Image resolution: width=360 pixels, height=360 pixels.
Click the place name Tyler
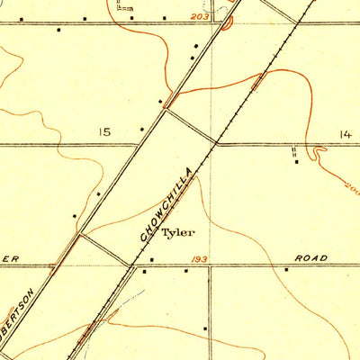[x=176, y=233]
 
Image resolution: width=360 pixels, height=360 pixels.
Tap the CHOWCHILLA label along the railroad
[x=166, y=202]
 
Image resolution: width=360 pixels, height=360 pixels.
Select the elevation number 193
[x=200, y=258]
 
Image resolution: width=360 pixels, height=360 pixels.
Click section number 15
[x=105, y=132]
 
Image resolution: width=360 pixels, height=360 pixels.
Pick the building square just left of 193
[x=150, y=260]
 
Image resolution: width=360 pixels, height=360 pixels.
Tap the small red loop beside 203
[x=226, y=20]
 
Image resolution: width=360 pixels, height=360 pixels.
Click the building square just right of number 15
[x=142, y=130]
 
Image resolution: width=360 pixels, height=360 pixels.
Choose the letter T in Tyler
[x=166, y=233]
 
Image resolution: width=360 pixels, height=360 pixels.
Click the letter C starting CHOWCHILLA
[x=145, y=238]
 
